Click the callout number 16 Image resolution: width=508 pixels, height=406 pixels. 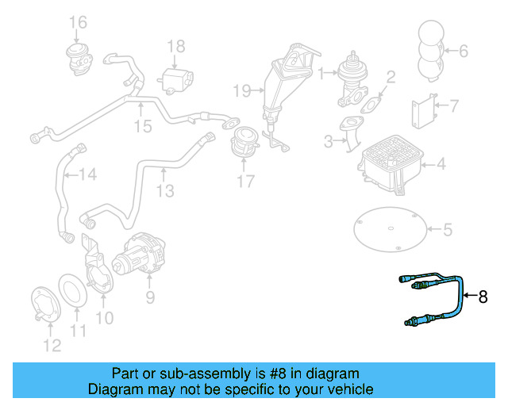pyautogui.click(x=77, y=21)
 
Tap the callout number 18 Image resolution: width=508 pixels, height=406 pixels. pyautogui.click(x=175, y=45)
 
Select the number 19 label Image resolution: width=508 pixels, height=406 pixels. pyautogui.click(x=242, y=90)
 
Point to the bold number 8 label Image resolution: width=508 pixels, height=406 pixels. pyautogui.click(x=483, y=297)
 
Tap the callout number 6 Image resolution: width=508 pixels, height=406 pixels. pyautogui.click(x=464, y=52)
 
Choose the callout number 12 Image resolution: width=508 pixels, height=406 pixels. pyautogui.click(x=51, y=345)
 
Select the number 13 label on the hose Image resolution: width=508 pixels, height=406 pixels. pyautogui.click(x=164, y=190)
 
